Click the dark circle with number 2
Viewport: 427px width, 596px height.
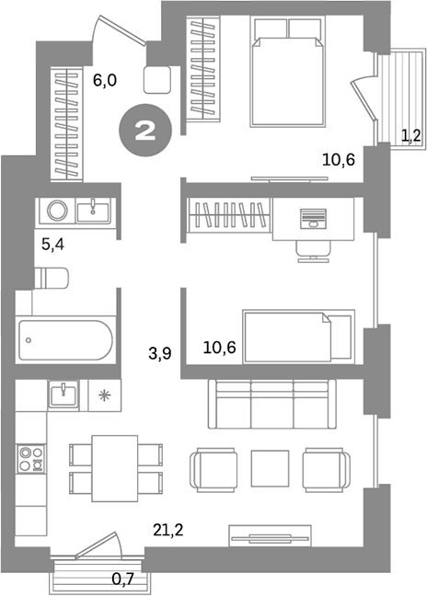pos(144,130)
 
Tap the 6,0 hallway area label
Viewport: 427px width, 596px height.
pos(105,80)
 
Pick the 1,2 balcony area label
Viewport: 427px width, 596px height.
pos(411,137)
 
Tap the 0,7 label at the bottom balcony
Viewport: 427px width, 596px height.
pos(122,579)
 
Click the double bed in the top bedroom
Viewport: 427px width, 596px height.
pos(287,71)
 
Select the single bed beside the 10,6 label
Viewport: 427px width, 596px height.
pos(297,336)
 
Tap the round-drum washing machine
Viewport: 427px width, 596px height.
pos(56,212)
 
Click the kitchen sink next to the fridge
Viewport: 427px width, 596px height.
pos(63,395)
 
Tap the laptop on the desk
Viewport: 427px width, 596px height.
pos(315,218)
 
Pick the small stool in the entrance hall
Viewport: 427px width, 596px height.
pos(158,79)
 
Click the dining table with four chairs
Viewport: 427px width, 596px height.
pos(117,467)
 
